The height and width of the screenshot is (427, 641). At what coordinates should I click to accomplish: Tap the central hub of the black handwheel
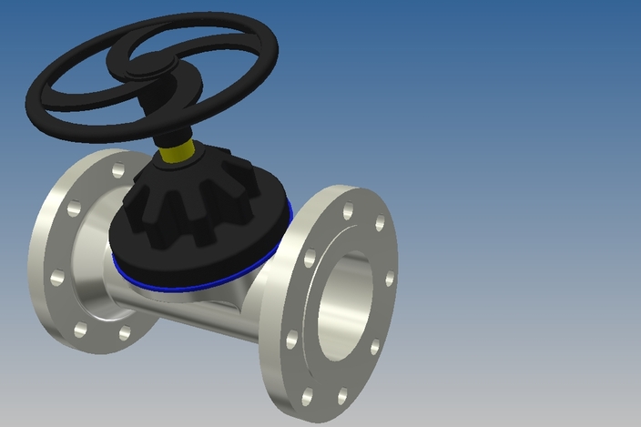146,65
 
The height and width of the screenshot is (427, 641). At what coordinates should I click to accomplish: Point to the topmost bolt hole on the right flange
347,211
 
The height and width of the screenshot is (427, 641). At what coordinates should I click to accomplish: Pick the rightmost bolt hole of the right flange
390,279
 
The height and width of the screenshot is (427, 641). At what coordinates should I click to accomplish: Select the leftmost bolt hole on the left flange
56,277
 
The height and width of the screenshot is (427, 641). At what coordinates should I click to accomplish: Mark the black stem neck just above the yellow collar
168,123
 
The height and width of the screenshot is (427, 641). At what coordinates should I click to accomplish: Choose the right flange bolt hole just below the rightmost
374,347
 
